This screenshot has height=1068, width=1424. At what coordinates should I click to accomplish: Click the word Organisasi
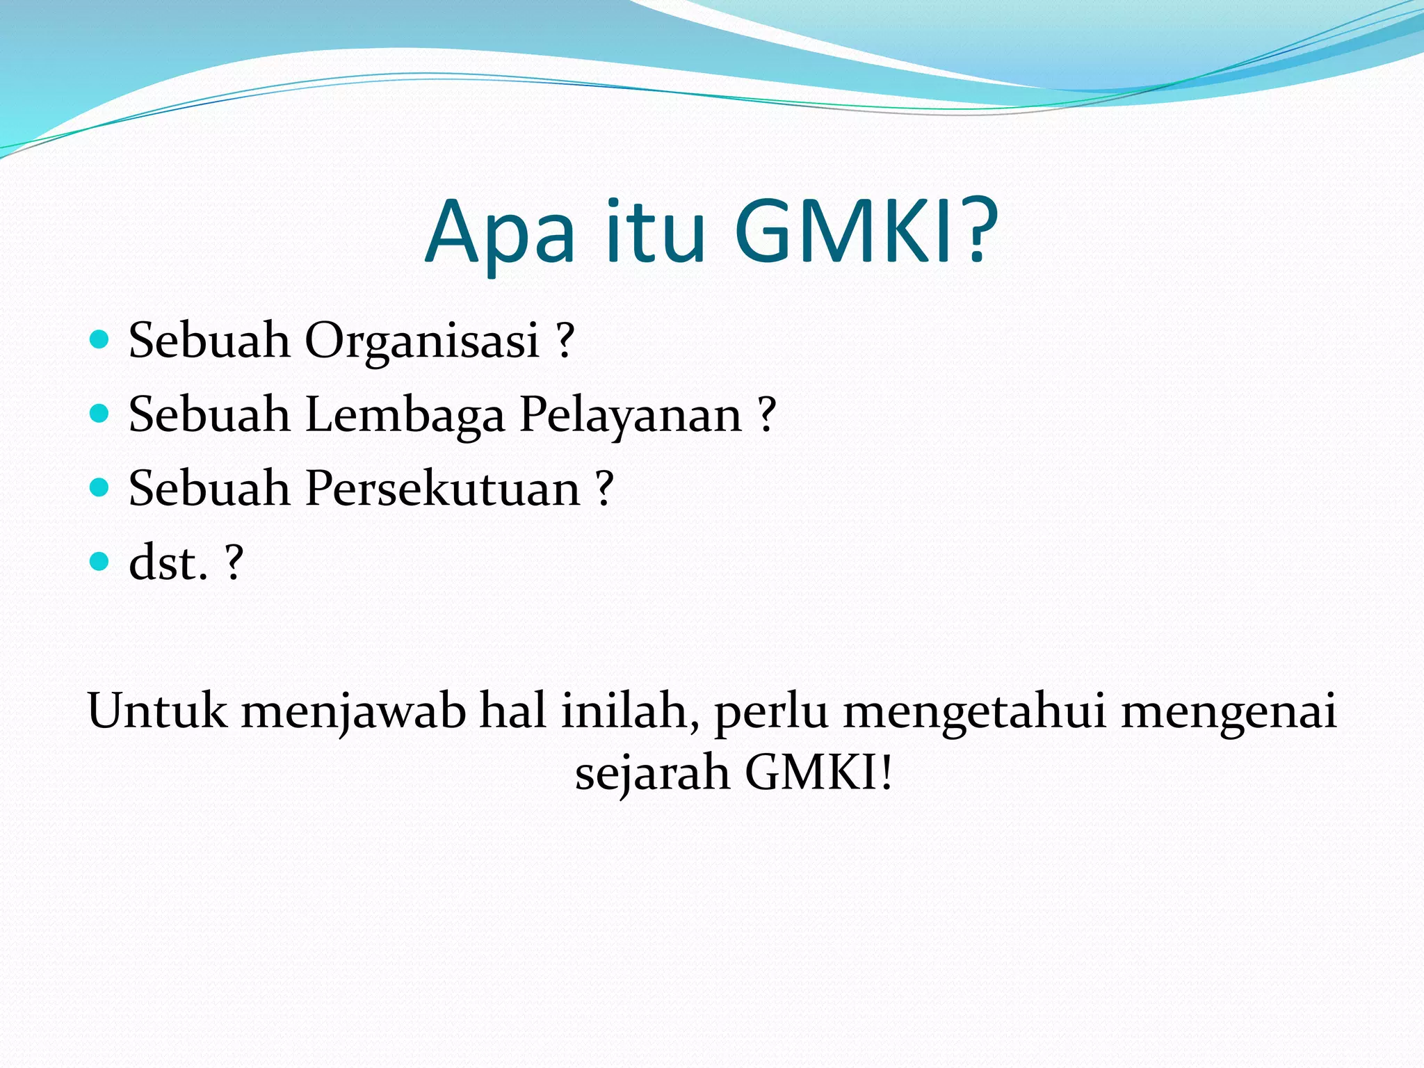pyautogui.click(x=422, y=341)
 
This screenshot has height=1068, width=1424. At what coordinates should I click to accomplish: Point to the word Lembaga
pyautogui.click(x=405, y=415)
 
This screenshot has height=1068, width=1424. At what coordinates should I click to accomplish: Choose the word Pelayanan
pyautogui.click(x=631, y=415)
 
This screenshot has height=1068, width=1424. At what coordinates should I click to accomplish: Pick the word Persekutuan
pyautogui.click(x=442, y=488)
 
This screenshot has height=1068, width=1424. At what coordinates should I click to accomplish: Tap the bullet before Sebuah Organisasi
pyautogui.click(x=100, y=340)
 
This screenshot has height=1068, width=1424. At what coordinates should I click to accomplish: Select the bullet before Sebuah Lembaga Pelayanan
pyautogui.click(x=100, y=414)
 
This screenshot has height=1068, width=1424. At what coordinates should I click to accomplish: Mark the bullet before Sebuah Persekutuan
pyautogui.click(x=100, y=487)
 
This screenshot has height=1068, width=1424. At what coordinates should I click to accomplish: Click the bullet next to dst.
pyautogui.click(x=100, y=561)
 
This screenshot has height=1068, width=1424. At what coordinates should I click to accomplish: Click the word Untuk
pyautogui.click(x=157, y=711)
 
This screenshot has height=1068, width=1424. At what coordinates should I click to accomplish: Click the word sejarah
pyautogui.click(x=652, y=774)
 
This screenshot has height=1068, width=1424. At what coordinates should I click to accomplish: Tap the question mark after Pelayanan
pyautogui.click(x=766, y=415)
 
